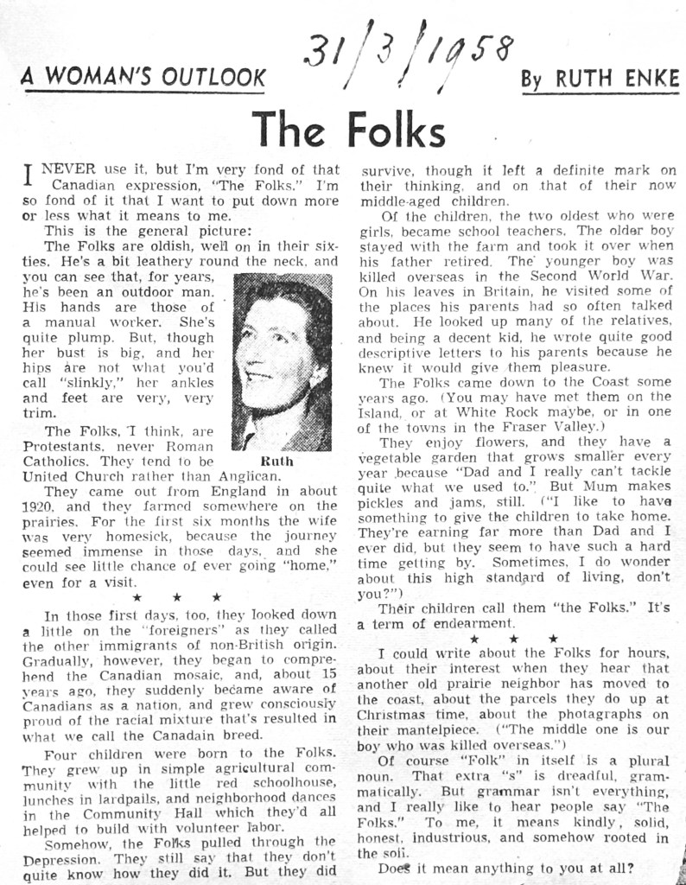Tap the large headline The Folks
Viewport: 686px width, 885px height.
(x=349, y=130)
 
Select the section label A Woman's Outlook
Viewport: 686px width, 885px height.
(x=143, y=78)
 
